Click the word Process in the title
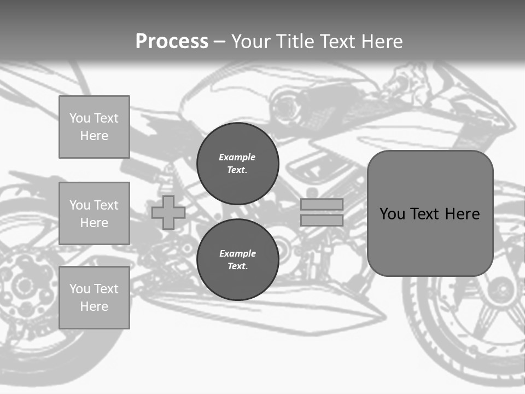click(x=172, y=42)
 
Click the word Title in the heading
click(x=293, y=42)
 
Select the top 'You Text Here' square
click(x=94, y=127)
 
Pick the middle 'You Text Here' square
click(x=94, y=213)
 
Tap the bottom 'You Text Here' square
click(x=94, y=298)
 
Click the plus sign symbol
click(x=168, y=212)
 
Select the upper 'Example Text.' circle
click(x=238, y=164)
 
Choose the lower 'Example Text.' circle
click(x=238, y=260)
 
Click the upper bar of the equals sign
click(x=322, y=204)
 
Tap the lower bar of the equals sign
click(x=322, y=221)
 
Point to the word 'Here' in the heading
click(x=381, y=42)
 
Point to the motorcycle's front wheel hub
click(x=499, y=287)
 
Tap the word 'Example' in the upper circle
click(x=237, y=157)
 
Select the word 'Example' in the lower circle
click(x=237, y=253)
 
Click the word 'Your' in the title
click(x=251, y=42)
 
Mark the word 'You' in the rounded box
click(x=392, y=214)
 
